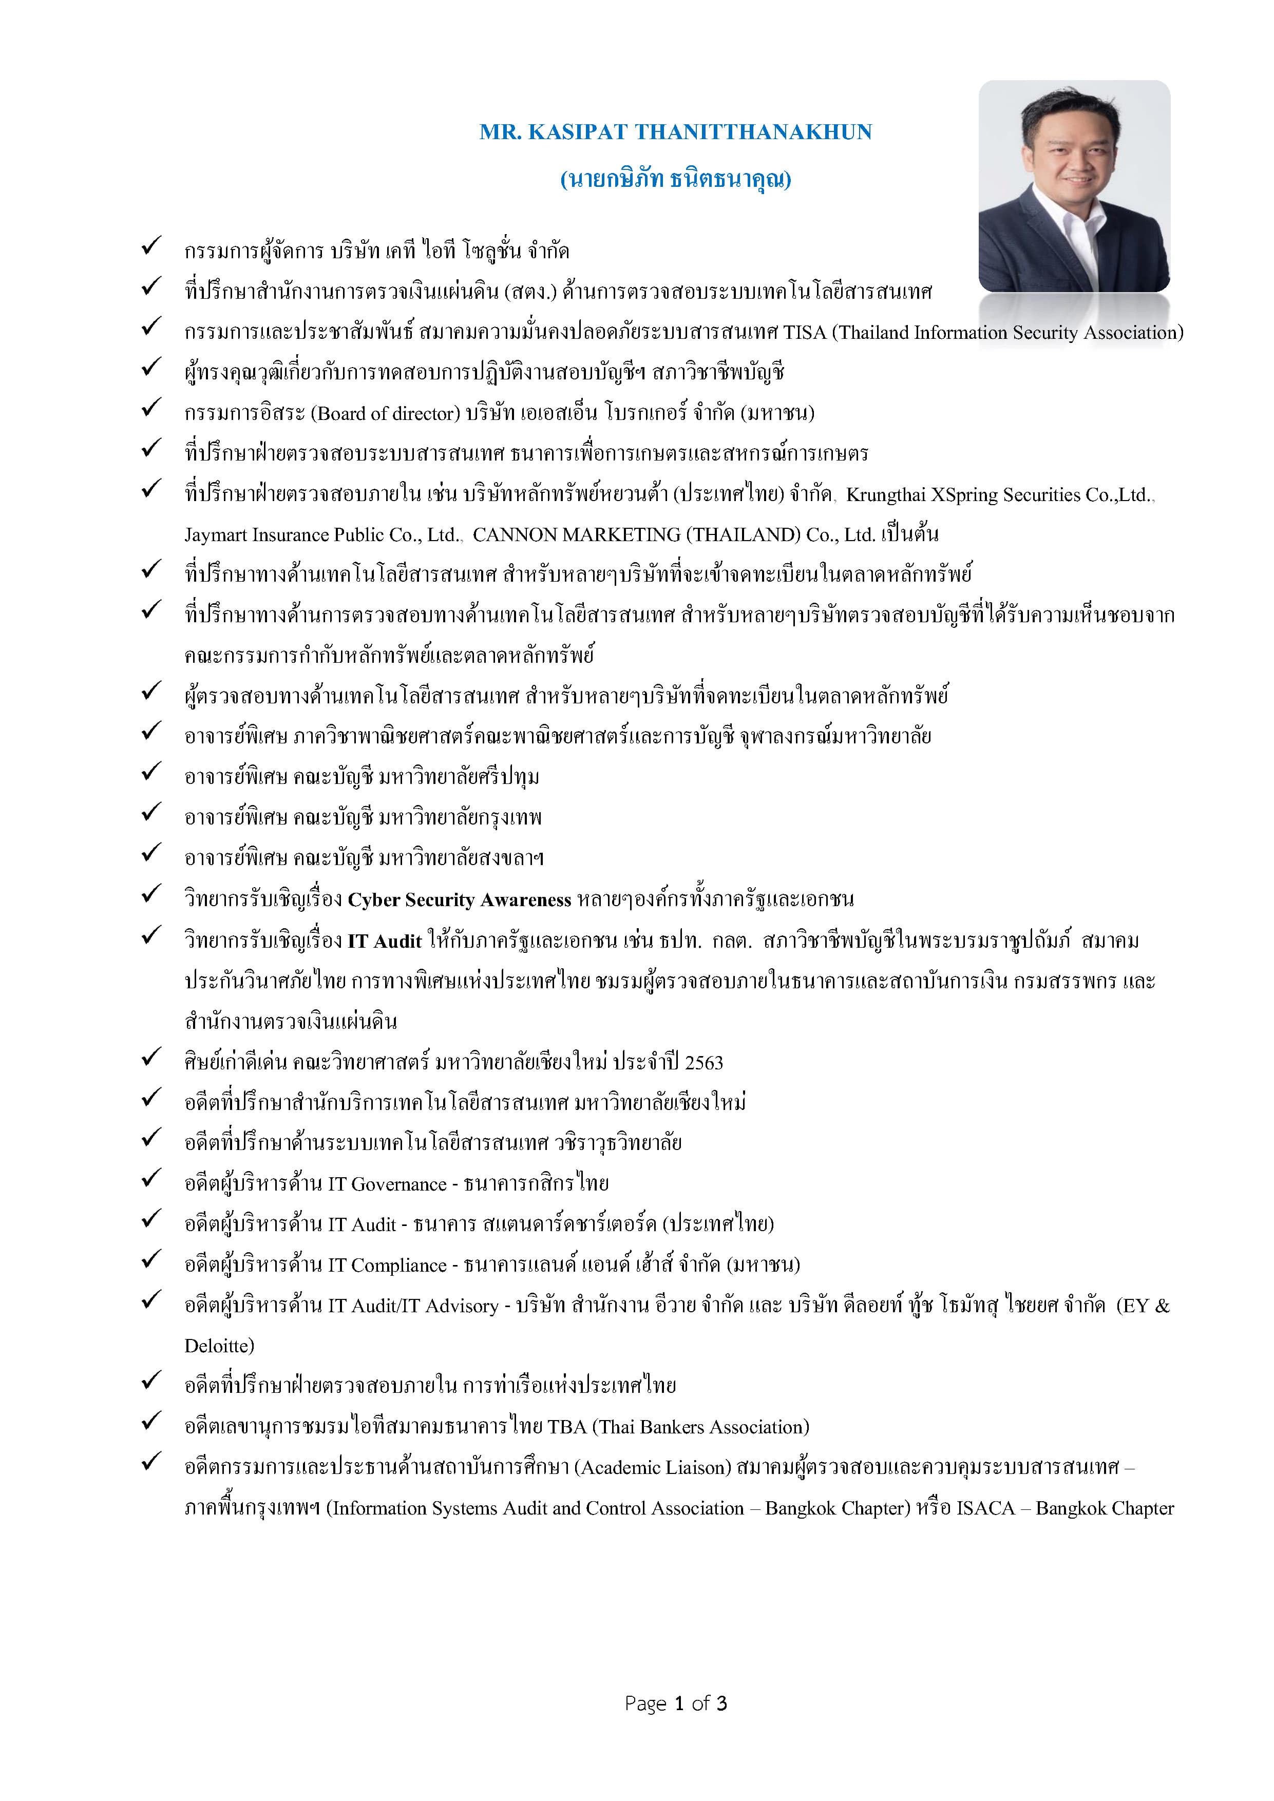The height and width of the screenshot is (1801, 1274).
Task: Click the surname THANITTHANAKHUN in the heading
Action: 753,132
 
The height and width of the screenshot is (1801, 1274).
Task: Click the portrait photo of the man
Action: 1074,187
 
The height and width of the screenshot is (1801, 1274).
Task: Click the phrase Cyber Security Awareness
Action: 459,899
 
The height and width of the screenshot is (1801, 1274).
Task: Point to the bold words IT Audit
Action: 385,941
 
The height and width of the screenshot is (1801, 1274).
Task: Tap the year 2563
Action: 703,1063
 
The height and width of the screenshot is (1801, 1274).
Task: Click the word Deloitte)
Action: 220,1346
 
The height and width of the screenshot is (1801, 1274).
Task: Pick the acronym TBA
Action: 566,1427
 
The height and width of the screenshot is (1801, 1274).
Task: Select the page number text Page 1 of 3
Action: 675,1703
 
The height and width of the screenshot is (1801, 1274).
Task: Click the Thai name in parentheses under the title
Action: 675,180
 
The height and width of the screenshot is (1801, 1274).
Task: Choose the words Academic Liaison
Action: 653,1468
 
